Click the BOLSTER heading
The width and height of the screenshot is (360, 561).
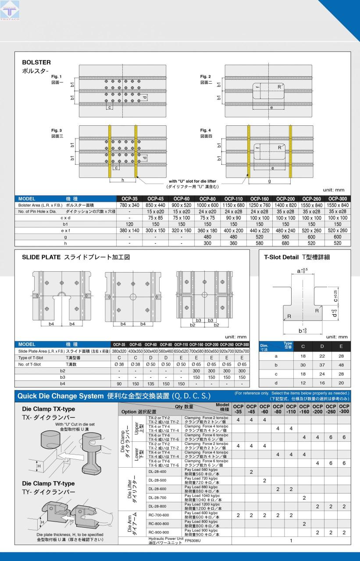pos(36,62)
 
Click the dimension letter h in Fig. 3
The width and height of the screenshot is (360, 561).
pos(122,180)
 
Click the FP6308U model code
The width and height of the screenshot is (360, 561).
pos(193,540)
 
